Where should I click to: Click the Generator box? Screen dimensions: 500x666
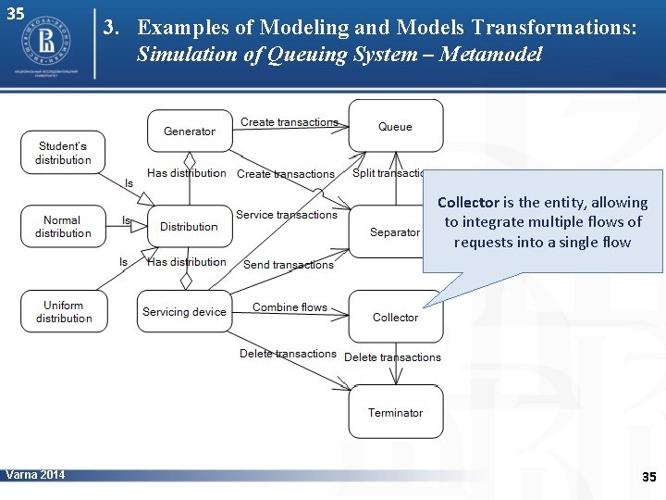tap(189, 131)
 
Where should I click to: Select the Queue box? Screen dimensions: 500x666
tap(395, 126)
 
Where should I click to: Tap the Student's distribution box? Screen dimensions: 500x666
tap(63, 153)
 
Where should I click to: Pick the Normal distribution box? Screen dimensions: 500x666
tap(62, 227)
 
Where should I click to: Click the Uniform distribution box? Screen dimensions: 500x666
tap(63, 312)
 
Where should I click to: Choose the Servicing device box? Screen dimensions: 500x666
tap(184, 312)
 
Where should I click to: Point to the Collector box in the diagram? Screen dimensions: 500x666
tap(395, 317)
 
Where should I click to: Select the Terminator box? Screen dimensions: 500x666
tap(395, 412)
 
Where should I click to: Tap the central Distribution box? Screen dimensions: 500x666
tap(189, 227)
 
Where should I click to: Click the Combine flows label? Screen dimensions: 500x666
tap(290, 307)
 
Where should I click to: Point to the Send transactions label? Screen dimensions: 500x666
tap(288, 265)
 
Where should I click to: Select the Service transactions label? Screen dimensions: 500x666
tap(286, 215)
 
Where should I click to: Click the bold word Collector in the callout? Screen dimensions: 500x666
tap(468, 202)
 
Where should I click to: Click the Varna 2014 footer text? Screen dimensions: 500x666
tap(35, 475)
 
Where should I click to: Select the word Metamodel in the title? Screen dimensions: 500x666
tap(490, 55)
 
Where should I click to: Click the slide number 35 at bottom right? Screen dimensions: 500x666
tap(648, 477)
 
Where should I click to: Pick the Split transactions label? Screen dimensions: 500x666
tap(388, 173)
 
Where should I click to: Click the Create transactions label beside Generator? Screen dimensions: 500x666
tap(289, 122)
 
